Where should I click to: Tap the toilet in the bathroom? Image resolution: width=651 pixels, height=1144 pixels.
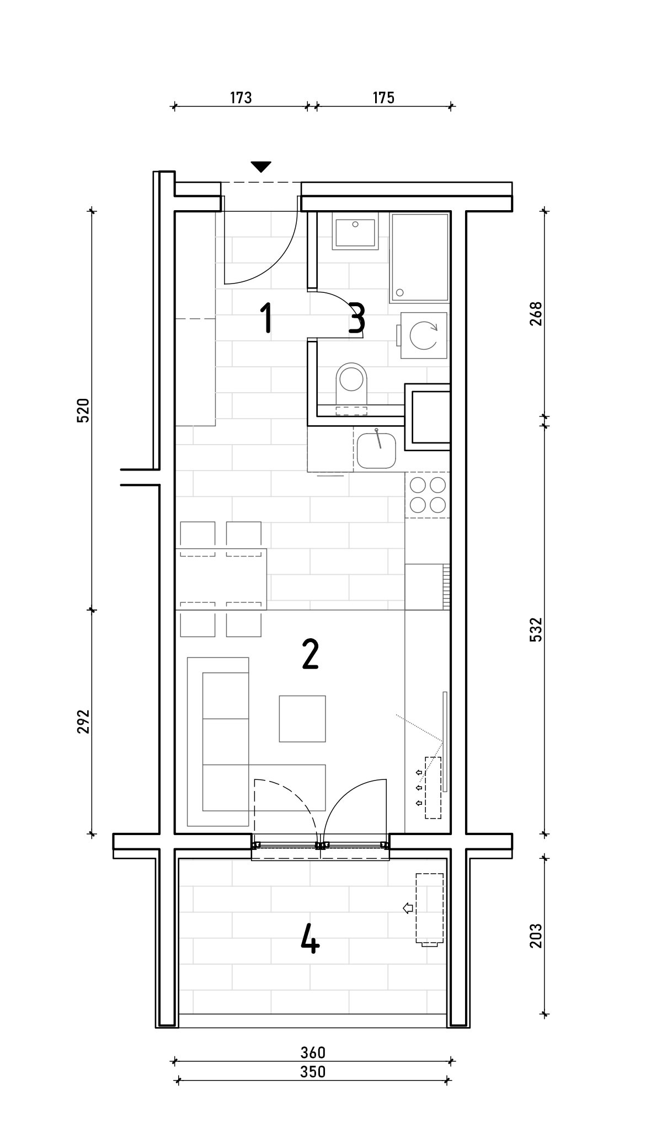point(351,384)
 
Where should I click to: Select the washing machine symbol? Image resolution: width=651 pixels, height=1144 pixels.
point(422,335)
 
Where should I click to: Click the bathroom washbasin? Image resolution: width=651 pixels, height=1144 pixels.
point(355,232)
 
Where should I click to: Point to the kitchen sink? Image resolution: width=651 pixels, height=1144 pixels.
point(376,450)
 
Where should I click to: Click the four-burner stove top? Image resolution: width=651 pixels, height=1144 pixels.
point(428,495)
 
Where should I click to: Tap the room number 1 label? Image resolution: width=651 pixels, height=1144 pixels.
point(266,318)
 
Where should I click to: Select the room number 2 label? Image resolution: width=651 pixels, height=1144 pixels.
point(310,654)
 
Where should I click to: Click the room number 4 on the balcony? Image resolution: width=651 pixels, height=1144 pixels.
point(310,939)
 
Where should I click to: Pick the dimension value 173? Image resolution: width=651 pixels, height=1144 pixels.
point(241,98)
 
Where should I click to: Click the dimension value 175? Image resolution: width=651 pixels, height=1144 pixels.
point(383,98)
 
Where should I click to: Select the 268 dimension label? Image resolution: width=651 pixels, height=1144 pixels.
point(536,313)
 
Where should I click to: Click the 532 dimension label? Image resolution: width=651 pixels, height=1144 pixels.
point(536,629)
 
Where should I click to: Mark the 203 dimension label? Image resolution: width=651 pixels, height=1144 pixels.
point(536,936)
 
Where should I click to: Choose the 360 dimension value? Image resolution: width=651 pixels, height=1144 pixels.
point(313,1053)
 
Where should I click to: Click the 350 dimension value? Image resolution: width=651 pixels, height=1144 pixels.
point(313,1072)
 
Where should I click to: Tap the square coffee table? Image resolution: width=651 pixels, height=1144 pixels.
point(302,719)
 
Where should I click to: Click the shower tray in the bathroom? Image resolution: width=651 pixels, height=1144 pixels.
point(419,258)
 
